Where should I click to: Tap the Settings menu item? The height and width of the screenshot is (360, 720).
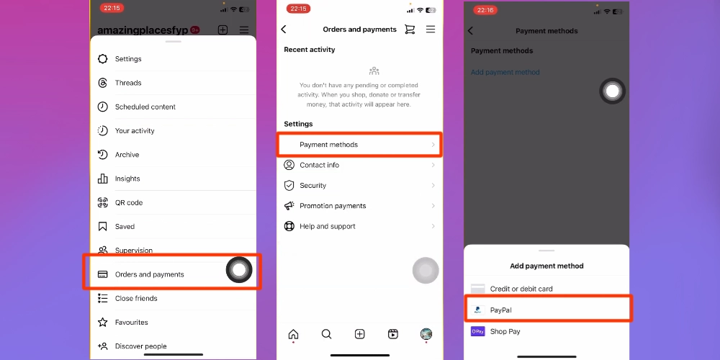(128, 59)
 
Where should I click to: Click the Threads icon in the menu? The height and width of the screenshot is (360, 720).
(103, 83)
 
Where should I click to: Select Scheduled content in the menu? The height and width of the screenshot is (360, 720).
(145, 107)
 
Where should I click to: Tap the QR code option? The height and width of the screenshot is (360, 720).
(129, 202)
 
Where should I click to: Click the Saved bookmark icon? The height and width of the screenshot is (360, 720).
(103, 226)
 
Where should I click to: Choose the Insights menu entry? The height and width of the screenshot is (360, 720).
(127, 179)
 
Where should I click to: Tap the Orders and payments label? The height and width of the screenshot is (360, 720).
(149, 274)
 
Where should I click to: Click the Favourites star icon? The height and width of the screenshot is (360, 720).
(103, 323)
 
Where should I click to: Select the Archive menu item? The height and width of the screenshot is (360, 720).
(127, 155)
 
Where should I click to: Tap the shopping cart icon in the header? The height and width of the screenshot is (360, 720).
(410, 30)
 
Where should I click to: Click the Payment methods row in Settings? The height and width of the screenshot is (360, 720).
(359, 145)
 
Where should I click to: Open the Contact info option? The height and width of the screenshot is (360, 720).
(319, 166)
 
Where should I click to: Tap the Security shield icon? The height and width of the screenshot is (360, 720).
(289, 186)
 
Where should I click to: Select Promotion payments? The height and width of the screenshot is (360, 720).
(333, 206)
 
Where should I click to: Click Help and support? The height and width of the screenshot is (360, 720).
(328, 226)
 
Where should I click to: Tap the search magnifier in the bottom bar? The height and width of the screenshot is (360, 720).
(326, 334)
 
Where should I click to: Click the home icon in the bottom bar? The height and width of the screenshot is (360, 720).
(293, 334)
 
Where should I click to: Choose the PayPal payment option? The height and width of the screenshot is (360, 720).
(501, 310)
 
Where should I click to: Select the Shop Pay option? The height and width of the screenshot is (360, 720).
(505, 331)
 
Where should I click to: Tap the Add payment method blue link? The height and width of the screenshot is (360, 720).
(505, 72)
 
